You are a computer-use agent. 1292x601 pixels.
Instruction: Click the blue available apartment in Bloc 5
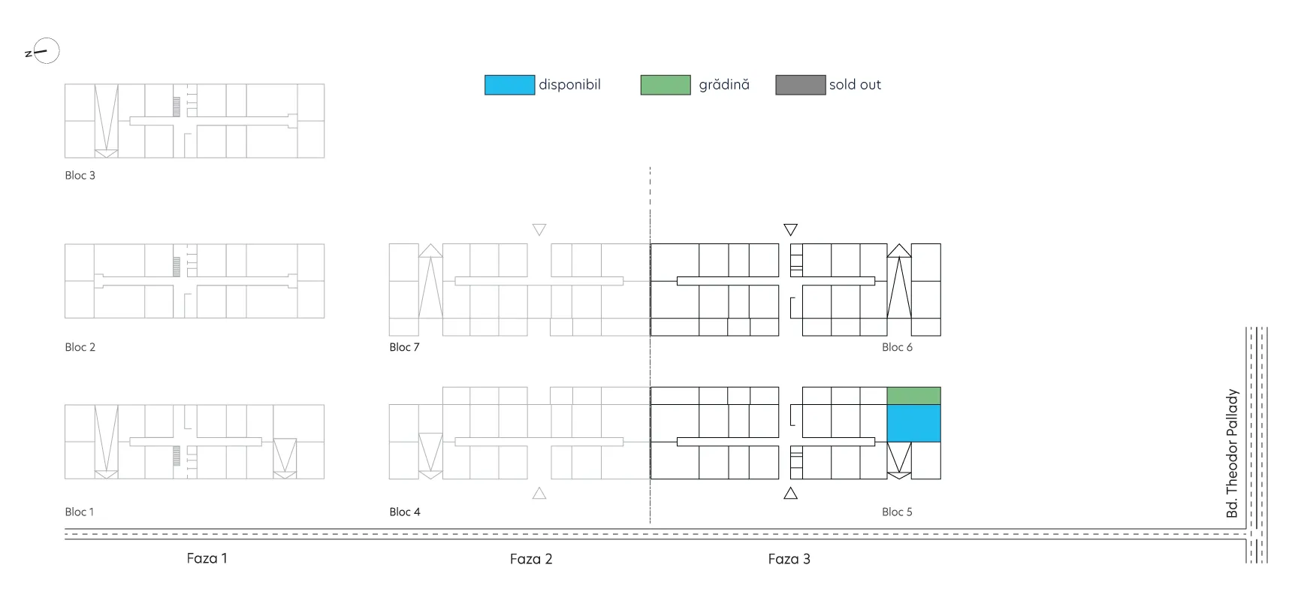click(x=913, y=423)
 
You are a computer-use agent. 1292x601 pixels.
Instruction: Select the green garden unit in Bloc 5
click(x=913, y=396)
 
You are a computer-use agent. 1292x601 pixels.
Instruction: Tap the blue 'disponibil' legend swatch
click(x=509, y=85)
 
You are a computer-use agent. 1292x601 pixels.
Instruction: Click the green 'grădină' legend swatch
click(x=666, y=85)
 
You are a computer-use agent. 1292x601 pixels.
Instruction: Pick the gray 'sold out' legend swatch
click(x=801, y=85)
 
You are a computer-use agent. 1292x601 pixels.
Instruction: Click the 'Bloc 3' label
click(x=80, y=175)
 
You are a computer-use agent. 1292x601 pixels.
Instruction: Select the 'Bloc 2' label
click(x=80, y=347)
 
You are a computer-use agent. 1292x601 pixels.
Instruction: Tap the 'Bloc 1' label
click(x=79, y=512)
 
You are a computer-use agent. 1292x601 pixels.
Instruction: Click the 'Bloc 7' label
click(x=404, y=347)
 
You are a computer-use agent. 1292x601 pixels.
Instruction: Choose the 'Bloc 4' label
click(x=405, y=512)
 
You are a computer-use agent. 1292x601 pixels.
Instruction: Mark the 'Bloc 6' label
click(x=897, y=347)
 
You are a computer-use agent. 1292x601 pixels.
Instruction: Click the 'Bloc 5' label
click(x=897, y=512)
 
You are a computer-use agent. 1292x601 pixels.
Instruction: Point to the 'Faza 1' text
click(x=207, y=558)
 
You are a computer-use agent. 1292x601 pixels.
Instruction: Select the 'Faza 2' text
click(x=531, y=559)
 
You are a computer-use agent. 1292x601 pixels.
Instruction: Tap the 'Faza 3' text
click(x=789, y=559)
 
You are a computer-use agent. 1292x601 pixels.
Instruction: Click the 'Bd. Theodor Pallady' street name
click(x=1232, y=453)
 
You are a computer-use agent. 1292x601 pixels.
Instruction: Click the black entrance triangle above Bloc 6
click(x=790, y=229)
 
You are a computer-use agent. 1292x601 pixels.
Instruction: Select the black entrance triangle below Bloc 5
click(x=790, y=494)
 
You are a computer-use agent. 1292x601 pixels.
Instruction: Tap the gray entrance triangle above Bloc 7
click(x=539, y=229)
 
